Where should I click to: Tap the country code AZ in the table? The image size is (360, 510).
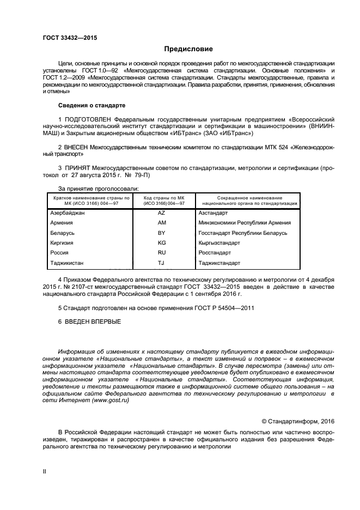[x=161, y=213]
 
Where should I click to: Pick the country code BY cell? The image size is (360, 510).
[x=161, y=233]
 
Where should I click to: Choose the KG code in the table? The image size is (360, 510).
[x=161, y=242]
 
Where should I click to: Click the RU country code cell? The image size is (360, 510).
[x=161, y=253]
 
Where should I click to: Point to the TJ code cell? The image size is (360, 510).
[x=161, y=263]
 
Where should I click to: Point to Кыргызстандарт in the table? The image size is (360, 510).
[x=219, y=242]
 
